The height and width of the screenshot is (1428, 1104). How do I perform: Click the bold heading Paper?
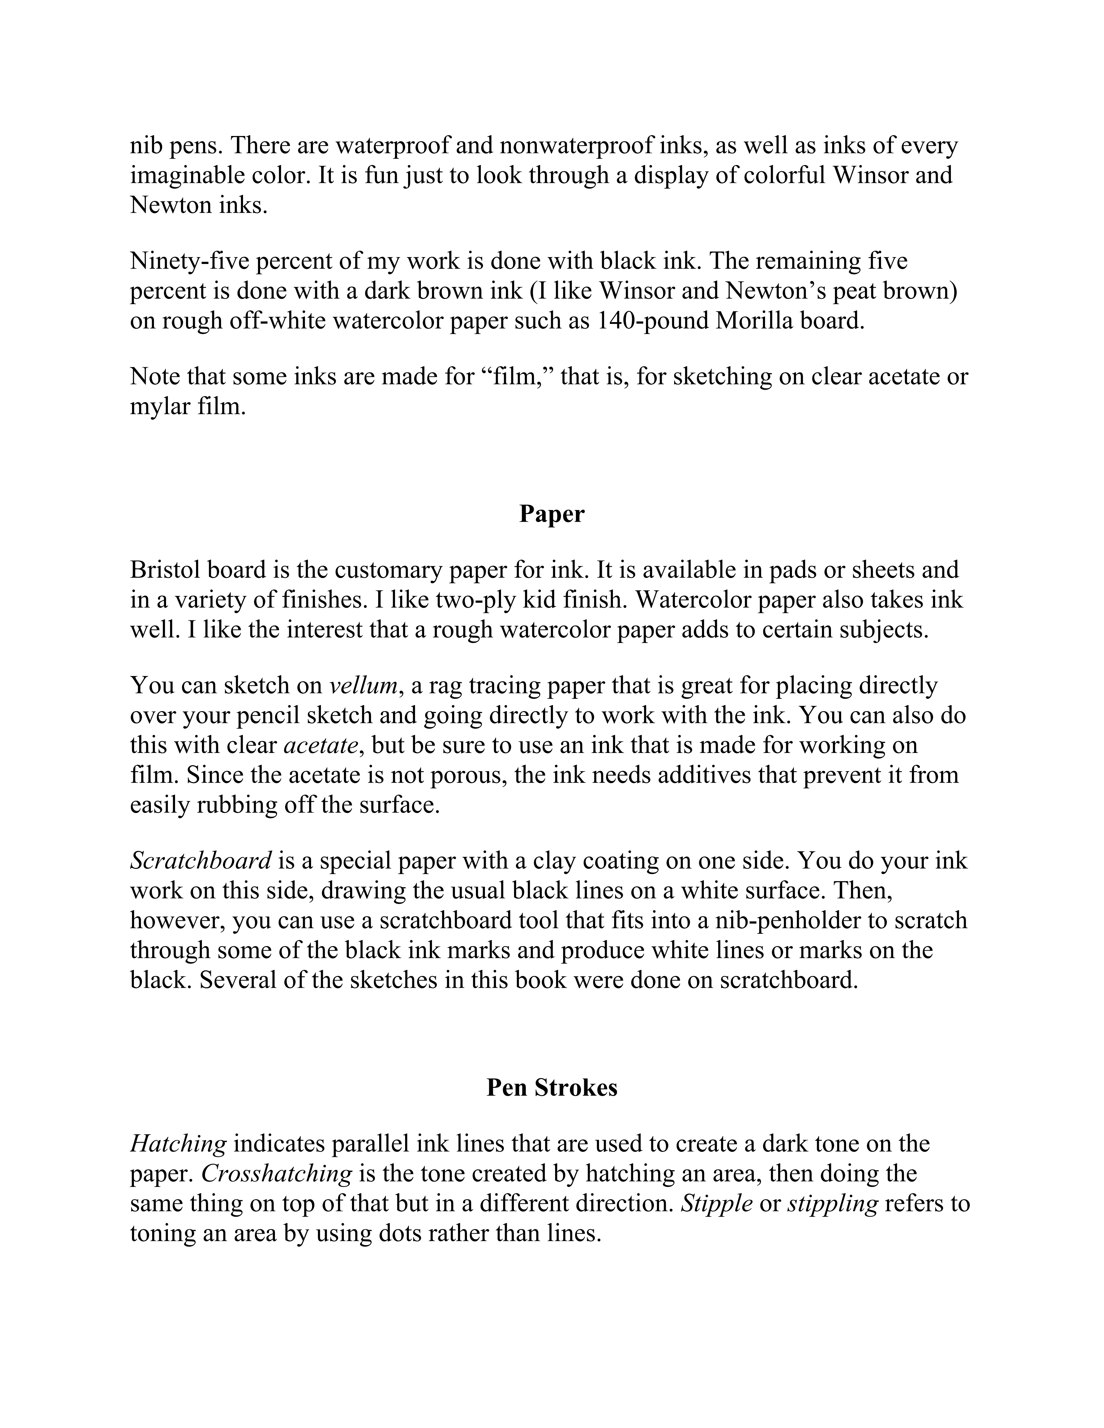[551, 515]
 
